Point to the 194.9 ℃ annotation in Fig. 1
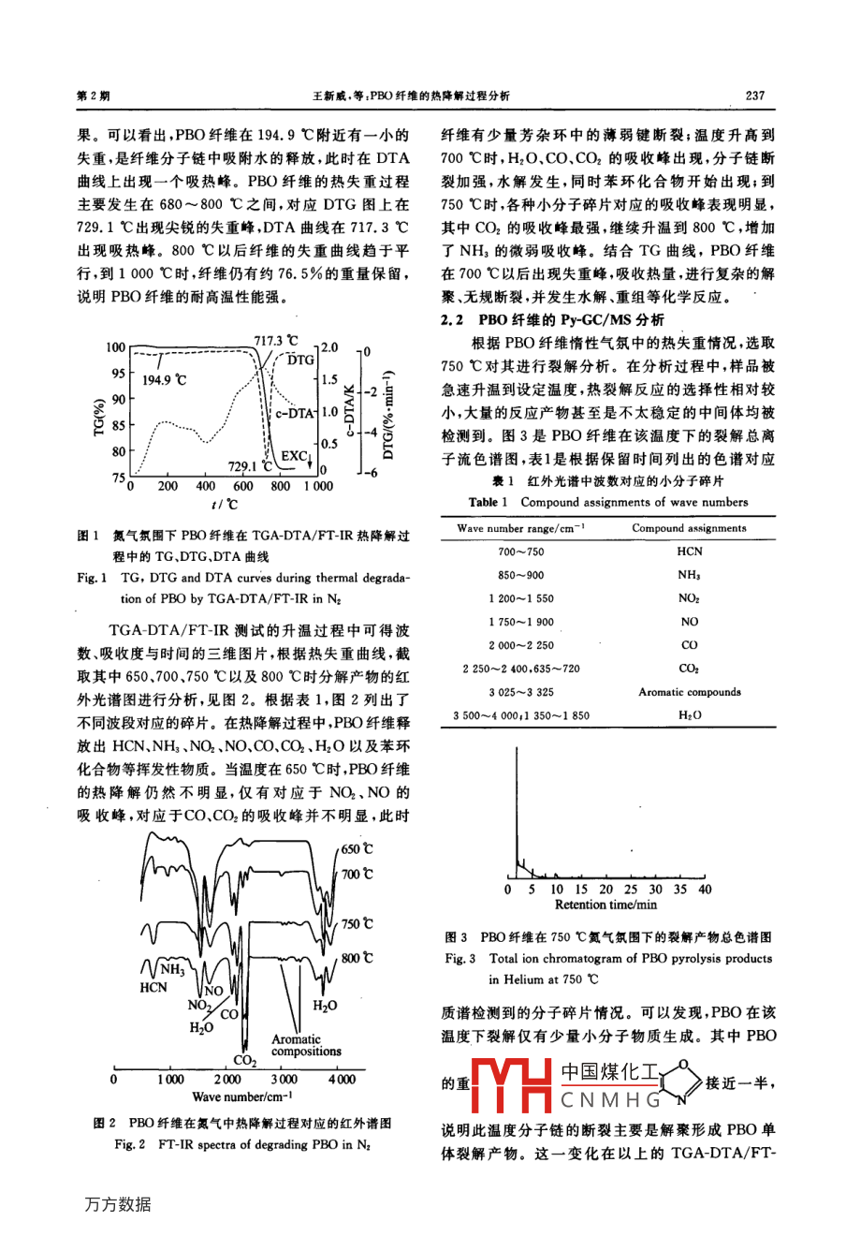(x=165, y=380)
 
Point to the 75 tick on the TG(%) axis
(x=119, y=478)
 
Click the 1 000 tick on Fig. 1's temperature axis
(x=317, y=487)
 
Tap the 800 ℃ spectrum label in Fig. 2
(x=356, y=958)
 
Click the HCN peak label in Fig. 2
(x=153, y=987)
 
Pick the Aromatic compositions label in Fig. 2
(x=306, y=1045)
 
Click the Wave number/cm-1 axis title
(x=242, y=1096)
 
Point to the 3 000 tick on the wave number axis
(x=284, y=1080)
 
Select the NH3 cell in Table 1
(x=690, y=575)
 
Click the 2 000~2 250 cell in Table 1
(x=520, y=645)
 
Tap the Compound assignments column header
(x=689, y=528)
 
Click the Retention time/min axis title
(x=605, y=905)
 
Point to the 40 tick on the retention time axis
(x=705, y=890)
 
